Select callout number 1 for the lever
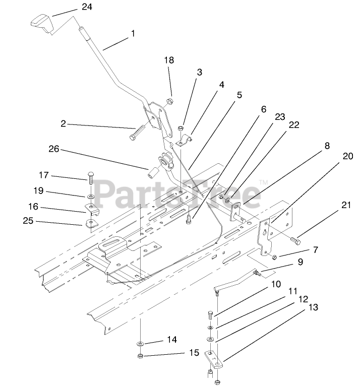tap(133, 34)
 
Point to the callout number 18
tap(168, 60)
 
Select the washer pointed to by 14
tap(140, 344)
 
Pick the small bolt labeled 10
tap(210, 316)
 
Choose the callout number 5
tap(239, 94)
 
